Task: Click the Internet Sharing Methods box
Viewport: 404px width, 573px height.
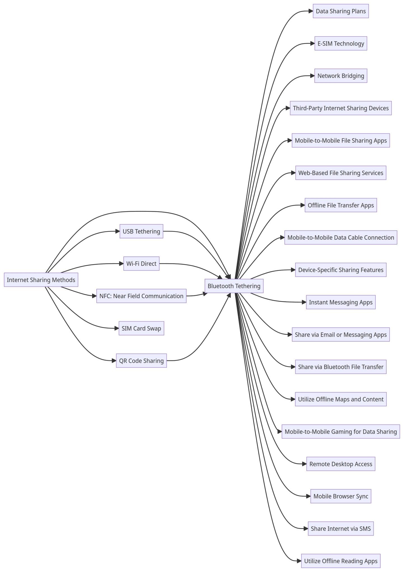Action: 41,280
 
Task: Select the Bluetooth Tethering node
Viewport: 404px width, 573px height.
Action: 234,286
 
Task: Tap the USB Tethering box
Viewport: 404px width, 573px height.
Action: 141,231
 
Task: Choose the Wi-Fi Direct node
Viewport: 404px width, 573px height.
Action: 141,264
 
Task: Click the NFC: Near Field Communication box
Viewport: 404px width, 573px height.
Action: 141,296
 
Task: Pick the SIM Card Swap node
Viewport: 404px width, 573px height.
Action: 141,328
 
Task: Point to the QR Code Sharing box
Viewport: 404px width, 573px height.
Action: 141,361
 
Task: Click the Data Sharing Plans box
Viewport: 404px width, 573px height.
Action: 341,11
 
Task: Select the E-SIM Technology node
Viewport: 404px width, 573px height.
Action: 341,43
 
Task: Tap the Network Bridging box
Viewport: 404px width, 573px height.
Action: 341,76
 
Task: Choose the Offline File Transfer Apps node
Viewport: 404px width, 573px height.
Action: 341,205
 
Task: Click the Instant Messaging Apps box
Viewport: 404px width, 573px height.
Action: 341,302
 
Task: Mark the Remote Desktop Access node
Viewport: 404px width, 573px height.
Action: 341,464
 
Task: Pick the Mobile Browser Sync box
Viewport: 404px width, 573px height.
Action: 341,496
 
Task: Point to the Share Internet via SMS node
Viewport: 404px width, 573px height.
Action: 341,529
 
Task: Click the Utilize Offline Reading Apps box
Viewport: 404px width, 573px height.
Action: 341,561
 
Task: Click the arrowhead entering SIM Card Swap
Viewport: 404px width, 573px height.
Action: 117,328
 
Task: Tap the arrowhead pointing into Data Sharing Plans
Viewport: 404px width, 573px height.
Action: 311,11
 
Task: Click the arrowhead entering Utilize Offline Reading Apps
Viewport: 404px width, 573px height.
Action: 299,561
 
